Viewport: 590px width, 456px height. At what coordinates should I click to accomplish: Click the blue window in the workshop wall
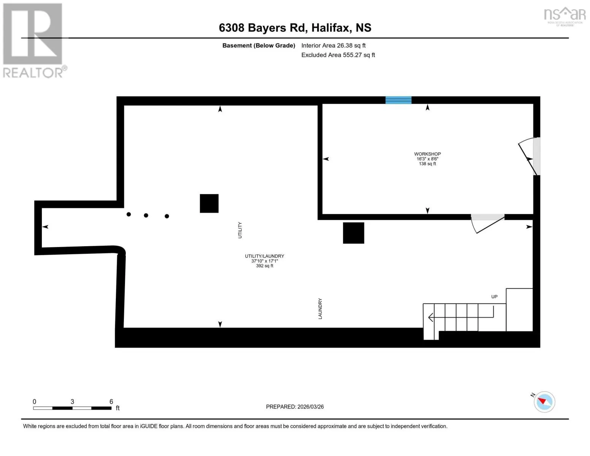398,100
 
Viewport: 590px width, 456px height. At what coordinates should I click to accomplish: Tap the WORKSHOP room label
427,154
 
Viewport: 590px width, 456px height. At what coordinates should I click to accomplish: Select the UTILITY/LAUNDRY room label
264,256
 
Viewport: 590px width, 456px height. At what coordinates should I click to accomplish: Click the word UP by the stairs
494,296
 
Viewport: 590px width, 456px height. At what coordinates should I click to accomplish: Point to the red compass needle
542,401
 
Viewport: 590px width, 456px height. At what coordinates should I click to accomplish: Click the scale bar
72,408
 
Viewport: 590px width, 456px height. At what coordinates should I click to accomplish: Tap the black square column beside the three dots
209,203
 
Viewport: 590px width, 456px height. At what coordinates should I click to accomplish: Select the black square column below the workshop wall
354,233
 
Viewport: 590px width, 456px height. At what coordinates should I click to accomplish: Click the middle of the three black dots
146,215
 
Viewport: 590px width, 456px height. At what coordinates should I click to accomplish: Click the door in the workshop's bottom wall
488,223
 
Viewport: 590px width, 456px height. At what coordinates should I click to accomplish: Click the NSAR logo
565,16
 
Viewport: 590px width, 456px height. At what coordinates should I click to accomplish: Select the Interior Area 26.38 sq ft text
334,45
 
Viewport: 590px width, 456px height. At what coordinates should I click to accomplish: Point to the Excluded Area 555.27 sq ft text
338,55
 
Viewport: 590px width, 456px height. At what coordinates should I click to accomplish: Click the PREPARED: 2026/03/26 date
295,407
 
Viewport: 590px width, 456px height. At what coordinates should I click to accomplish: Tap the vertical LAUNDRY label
320,309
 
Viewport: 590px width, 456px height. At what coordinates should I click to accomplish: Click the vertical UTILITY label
240,230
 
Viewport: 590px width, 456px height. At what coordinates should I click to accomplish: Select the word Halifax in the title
330,28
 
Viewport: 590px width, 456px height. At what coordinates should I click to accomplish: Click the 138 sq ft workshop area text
427,164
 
